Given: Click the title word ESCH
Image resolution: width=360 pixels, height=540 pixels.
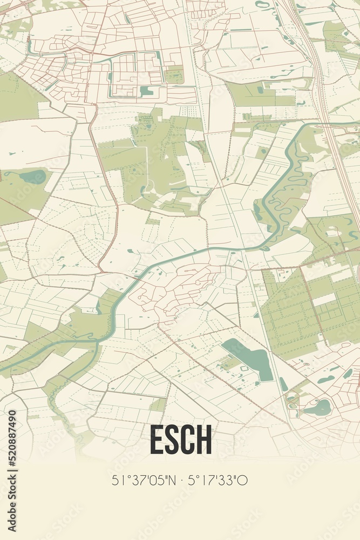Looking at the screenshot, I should pyautogui.click(x=180, y=440).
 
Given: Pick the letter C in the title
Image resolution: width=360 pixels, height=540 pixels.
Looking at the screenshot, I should pyautogui.click(x=188, y=440).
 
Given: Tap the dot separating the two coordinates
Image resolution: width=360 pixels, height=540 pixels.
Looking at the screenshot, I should pyautogui.click(x=182, y=480).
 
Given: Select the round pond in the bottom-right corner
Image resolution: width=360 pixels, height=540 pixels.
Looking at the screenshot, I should pyautogui.click(x=318, y=408).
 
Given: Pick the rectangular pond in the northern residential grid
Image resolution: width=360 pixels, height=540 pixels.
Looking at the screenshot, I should pyautogui.click(x=146, y=91).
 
